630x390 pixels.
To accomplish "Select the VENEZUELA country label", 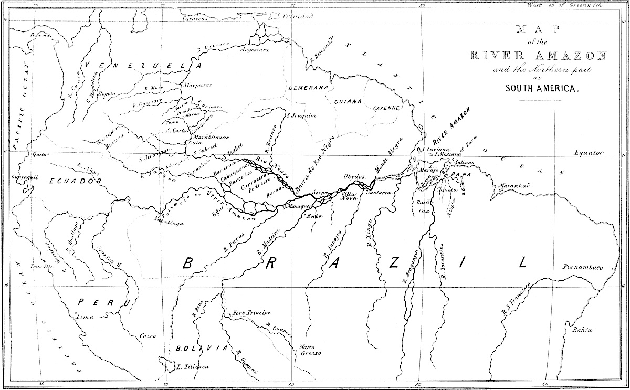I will [x=143, y=66].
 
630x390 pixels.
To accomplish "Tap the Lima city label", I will [x=85, y=317].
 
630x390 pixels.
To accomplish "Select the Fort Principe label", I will [x=252, y=313].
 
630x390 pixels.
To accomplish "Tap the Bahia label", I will [x=583, y=330].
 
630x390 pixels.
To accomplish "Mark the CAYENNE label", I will [x=386, y=108].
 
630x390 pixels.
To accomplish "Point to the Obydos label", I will [x=355, y=177].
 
